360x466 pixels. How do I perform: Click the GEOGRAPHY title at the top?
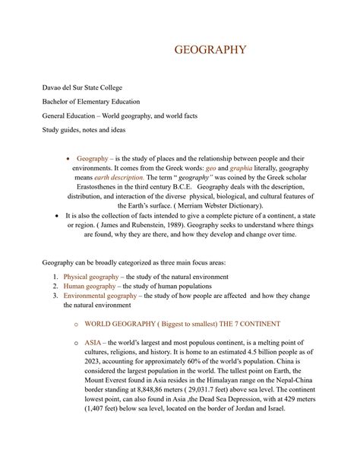tap(210, 50)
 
